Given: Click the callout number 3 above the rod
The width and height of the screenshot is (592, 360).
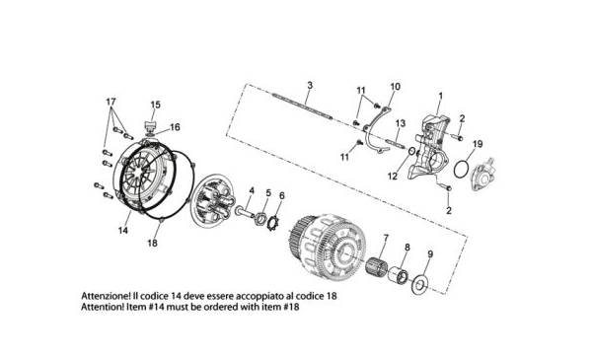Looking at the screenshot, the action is click(x=310, y=85).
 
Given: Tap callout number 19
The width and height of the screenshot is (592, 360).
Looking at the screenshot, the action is click(x=478, y=144).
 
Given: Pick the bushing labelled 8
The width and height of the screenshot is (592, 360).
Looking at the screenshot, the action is click(x=398, y=274).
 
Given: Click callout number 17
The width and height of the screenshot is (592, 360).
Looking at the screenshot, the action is click(x=111, y=102).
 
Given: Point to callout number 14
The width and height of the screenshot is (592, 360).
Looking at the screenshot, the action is click(x=123, y=230).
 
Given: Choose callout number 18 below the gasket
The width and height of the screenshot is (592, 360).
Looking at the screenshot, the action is click(x=152, y=244).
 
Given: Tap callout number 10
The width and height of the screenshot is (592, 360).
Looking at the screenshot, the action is click(x=395, y=87).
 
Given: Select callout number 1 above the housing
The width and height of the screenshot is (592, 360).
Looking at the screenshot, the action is click(x=440, y=97).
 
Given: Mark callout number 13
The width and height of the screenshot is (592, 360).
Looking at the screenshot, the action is click(x=401, y=123).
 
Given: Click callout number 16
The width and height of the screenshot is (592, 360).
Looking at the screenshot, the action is click(x=175, y=127).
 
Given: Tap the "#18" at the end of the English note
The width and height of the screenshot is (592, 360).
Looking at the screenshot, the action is click(x=291, y=307).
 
